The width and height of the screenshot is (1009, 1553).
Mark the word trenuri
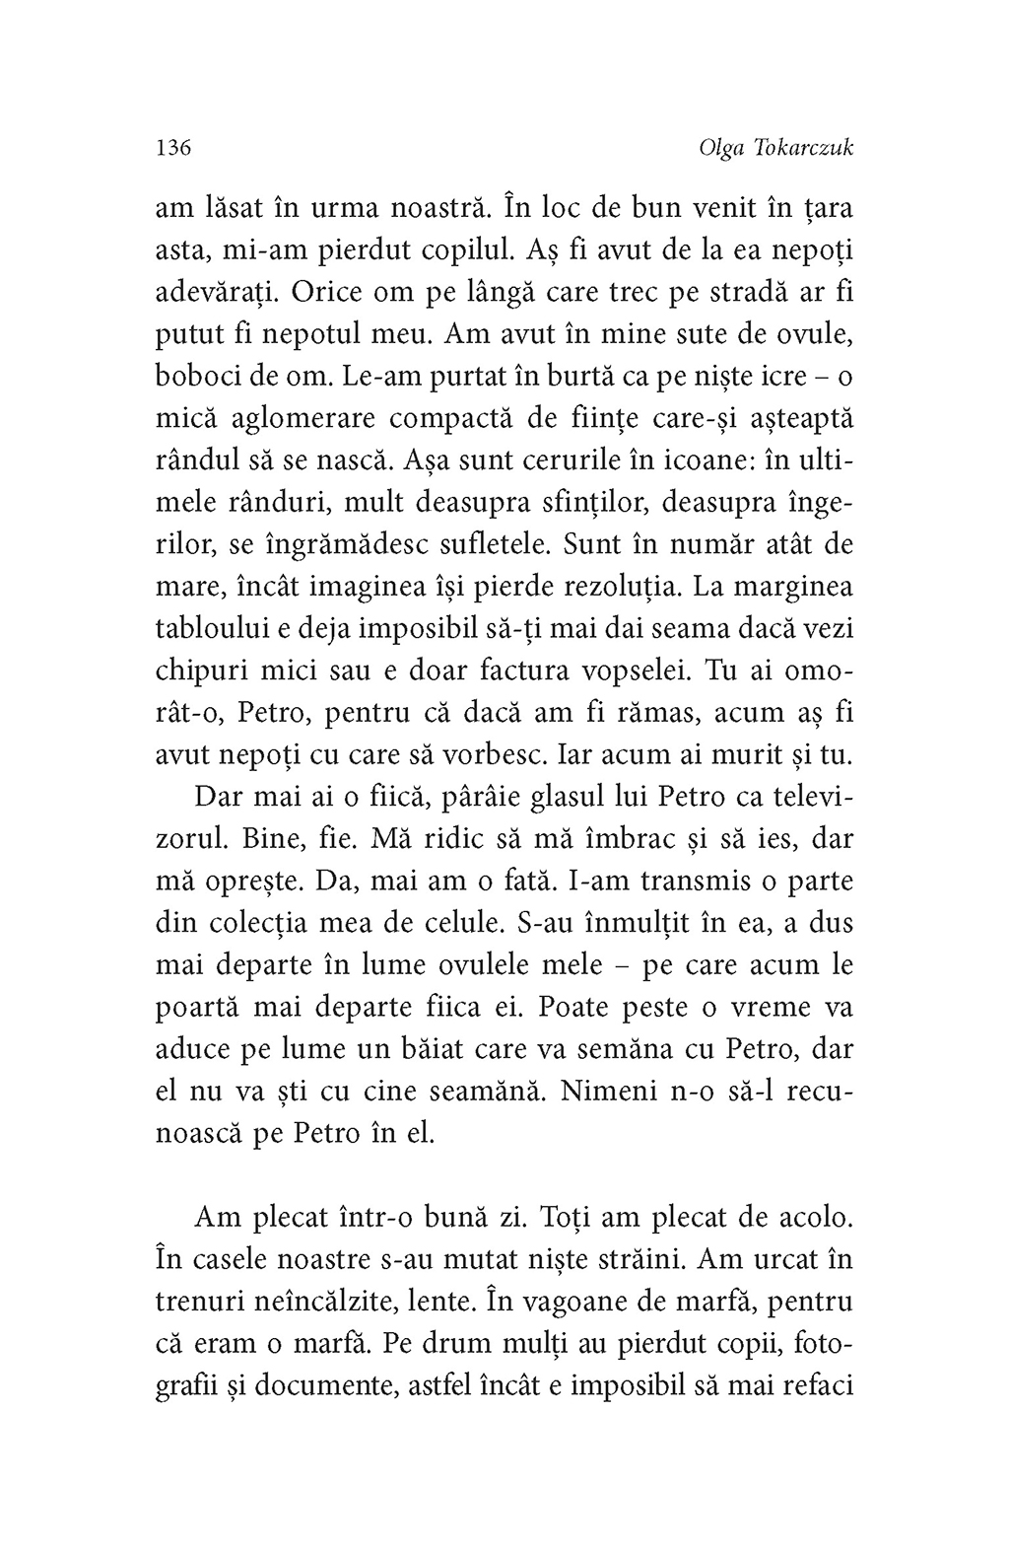pyautogui.click(x=202, y=1302)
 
